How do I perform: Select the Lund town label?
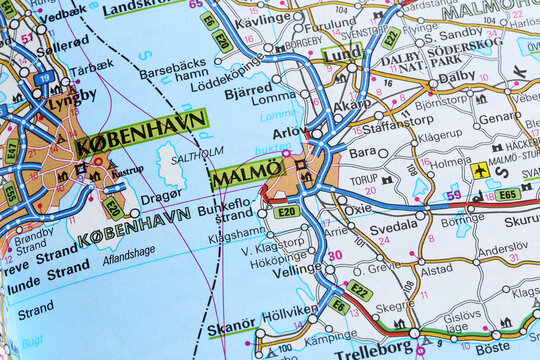(343, 53)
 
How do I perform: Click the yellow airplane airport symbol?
(481, 171)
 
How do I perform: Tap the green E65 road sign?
(508, 194)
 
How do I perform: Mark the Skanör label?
(232, 329)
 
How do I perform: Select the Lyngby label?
(72, 96)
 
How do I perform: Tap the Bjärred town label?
(248, 89)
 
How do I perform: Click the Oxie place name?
(357, 209)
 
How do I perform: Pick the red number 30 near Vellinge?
(335, 255)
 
